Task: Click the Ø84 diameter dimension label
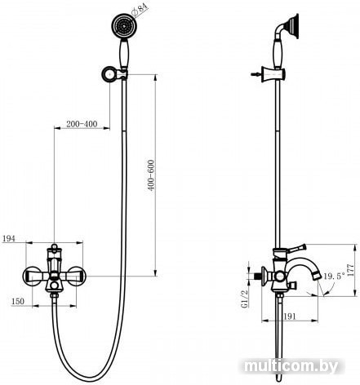[x=139, y=9]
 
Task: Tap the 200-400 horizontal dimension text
[x=82, y=124]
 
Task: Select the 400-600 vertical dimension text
[x=151, y=175]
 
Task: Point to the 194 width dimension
[x=9, y=238]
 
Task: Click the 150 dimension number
[x=18, y=301]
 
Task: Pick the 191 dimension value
[x=290, y=316]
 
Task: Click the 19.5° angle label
[x=334, y=277]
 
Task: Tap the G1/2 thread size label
[x=245, y=299]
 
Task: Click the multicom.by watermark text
[x=291, y=366]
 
